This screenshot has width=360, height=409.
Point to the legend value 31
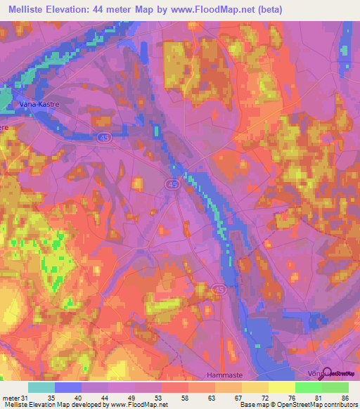[25, 398]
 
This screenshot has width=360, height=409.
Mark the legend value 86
[344, 398]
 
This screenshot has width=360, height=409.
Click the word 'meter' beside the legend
[11, 398]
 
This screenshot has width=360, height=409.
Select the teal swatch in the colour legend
[41, 387]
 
